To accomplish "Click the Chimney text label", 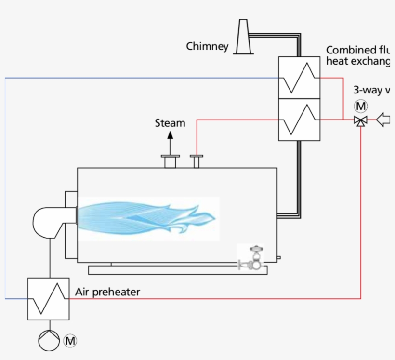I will [x=207, y=46].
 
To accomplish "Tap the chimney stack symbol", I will [x=243, y=38].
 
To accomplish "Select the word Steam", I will [x=170, y=123].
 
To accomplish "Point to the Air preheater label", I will [x=107, y=292].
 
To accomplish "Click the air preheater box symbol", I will [x=48, y=298].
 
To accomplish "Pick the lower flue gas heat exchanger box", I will [x=299, y=119].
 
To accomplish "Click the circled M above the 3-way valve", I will [x=360, y=106].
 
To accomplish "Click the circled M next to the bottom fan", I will [x=70, y=341].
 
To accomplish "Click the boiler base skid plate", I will [x=177, y=270].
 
